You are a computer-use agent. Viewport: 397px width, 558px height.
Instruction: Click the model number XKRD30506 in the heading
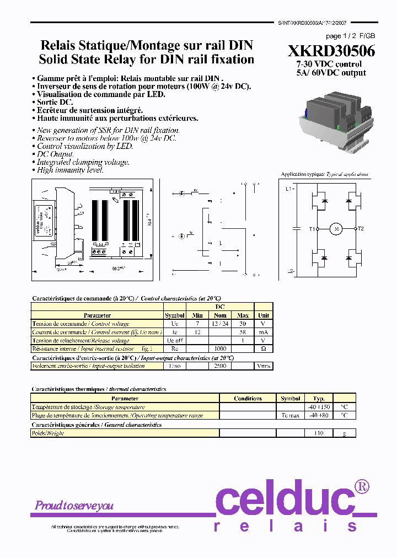[331, 51]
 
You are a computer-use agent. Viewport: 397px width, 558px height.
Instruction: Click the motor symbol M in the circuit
[336, 228]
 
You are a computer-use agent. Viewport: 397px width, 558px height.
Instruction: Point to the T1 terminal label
[313, 229]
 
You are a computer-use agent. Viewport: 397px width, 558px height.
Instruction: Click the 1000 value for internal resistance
[219, 349]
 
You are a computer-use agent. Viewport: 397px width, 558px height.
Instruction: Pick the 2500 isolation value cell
[219, 366]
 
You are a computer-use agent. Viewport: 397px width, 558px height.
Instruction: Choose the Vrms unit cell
[263, 366]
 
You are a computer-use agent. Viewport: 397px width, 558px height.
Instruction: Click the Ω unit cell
[263, 349]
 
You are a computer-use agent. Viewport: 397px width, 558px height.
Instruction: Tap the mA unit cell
[263, 332]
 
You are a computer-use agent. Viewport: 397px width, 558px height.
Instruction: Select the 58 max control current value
[243, 332]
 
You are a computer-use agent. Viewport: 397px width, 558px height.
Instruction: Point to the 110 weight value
[319, 433]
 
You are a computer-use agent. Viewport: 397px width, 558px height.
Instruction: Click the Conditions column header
[248, 399]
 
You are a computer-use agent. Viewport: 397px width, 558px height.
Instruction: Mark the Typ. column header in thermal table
[319, 398]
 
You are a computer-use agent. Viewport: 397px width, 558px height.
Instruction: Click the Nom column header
[219, 315]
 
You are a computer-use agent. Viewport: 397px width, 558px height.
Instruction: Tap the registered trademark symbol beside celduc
[361, 486]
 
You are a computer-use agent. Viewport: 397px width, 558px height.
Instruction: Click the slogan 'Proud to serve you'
[74, 506]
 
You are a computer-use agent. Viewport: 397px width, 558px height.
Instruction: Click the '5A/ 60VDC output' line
[330, 72]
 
